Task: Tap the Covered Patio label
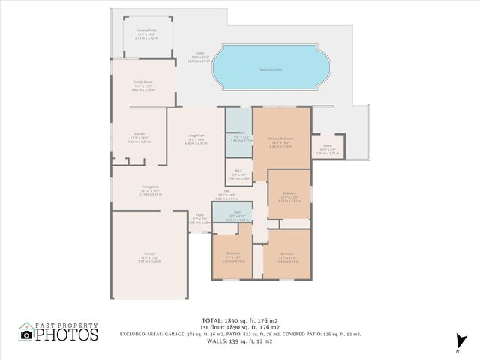coord(146,31)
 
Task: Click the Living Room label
coord(196,136)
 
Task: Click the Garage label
coord(149,254)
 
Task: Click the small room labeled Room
coord(328,146)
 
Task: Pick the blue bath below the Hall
coord(236,214)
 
